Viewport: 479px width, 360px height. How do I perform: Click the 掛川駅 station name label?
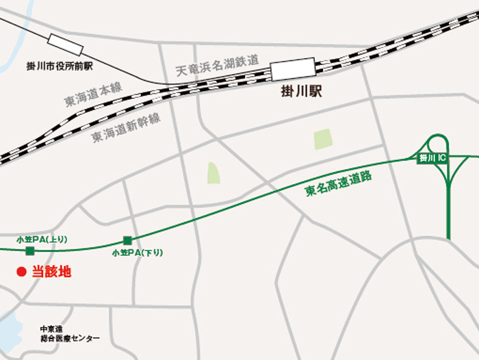tap(301, 91)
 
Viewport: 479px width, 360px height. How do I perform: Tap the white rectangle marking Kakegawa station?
tap(292, 70)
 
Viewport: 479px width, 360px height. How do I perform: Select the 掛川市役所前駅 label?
tap(59, 66)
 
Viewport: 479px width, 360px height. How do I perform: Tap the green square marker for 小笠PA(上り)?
tap(29, 251)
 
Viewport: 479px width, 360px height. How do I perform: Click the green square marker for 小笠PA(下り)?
tap(127, 240)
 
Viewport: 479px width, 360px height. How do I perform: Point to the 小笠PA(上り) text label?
tap(42, 239)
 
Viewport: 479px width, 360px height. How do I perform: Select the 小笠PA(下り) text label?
tap(138, 253)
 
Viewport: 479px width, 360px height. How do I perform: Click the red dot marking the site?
tap(21, 272)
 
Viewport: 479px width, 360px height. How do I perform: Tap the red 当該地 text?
tap(52, 272)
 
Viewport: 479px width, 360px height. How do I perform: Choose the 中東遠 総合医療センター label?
tap(69, 333)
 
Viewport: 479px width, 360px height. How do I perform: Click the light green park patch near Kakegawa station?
tap(322, 140)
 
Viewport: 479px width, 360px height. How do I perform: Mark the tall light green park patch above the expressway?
tap(213, 172)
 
